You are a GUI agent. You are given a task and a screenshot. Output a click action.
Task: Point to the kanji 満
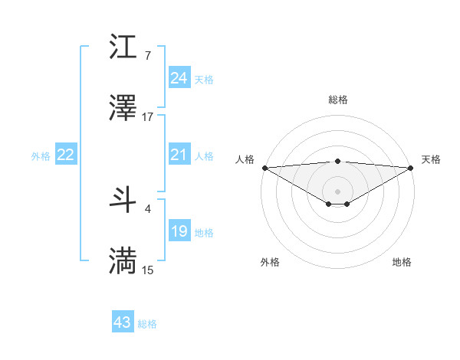[123, 261]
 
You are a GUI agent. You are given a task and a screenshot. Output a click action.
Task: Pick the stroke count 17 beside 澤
[148, 117]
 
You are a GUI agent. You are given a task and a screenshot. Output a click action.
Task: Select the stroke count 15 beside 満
[148, 270]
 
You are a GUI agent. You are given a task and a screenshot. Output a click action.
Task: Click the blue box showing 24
[179, 78]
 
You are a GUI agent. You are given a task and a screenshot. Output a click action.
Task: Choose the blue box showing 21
[179, 155]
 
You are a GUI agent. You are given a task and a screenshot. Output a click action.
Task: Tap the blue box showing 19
[179, 231]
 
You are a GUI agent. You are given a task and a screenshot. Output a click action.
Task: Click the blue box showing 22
[65, 155]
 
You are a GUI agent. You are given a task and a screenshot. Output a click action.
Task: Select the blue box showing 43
[122, 323]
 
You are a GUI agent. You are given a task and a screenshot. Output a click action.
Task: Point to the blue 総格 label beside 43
[147, 325]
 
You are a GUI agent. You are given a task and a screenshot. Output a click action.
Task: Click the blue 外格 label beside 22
[41, 156]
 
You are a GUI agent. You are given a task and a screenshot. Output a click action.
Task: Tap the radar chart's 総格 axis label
[337, 100]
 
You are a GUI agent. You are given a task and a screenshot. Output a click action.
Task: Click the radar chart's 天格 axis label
[431, 159]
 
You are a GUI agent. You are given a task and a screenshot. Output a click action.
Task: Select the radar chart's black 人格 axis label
[245, 159]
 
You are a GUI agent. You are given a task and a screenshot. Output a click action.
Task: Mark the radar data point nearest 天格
[412, 168]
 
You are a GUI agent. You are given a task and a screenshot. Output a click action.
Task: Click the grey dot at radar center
[337, 190]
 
